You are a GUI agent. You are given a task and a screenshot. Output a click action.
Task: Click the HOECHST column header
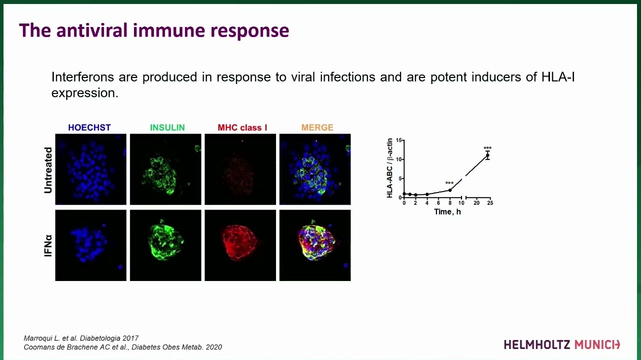(x=89, y=127)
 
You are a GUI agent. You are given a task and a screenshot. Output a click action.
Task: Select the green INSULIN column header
(x=167, y=127)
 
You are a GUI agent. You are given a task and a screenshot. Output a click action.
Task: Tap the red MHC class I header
(x=242, y=127)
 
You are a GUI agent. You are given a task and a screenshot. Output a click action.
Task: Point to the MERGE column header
(x=317, y=127)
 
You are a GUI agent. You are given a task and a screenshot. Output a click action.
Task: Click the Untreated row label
(x=48, y=170)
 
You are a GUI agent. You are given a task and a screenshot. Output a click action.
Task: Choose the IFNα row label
(x=48, y=245)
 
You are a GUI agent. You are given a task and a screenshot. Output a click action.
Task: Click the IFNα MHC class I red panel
(x=240, y=245)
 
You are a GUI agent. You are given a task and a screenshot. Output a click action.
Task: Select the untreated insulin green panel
(x=165, y=169)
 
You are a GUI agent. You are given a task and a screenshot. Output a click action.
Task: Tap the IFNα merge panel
(x=315, y=245)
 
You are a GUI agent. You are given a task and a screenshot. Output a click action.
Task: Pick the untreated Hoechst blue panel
(x=90, y=169)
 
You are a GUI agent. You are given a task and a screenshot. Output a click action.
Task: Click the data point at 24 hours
(x=487, y=155)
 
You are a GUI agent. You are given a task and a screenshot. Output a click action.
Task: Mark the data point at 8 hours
(x=450, y=190)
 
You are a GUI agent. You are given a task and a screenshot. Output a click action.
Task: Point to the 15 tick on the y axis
(x=399, y=140)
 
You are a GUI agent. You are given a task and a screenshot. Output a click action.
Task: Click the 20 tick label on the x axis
(x=476, y=203)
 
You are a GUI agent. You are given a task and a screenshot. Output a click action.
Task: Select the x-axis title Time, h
(x=447, y=212)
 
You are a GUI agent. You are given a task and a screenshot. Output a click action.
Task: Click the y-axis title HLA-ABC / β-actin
(x=390, y=168)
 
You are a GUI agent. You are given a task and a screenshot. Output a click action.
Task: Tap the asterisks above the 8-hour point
(x=449, y=183)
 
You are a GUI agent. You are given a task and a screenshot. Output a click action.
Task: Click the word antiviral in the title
(x=92, y=30)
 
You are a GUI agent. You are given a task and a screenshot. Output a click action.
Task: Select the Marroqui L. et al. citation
(x=81, y=338)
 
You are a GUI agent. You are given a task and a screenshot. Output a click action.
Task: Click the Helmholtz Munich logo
(x=561, y=344)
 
